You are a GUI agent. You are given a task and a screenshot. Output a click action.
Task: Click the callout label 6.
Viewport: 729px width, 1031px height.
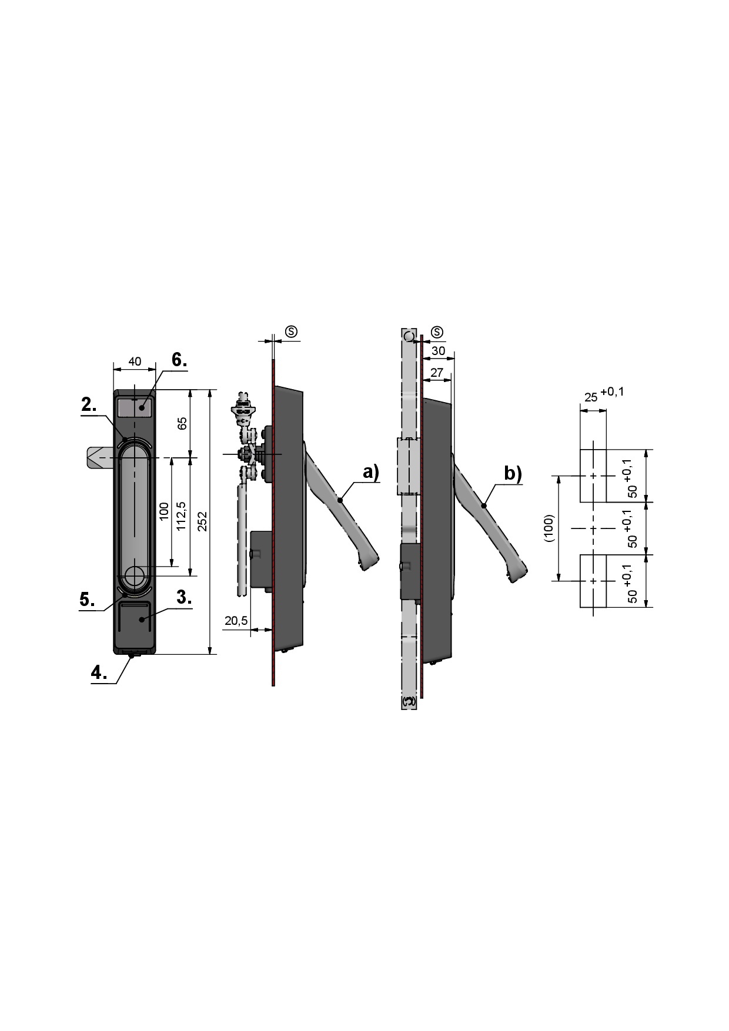[x=179, y=360]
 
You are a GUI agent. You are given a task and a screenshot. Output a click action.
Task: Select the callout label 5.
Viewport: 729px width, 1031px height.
[x=87, y=600]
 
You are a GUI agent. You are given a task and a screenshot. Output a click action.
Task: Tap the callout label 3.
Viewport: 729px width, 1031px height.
[x=184, y=597]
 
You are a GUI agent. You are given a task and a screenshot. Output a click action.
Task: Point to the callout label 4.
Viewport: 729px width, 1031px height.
[x=99, y=672]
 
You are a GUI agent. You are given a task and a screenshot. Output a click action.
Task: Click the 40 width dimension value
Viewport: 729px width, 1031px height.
[x=135, y=361]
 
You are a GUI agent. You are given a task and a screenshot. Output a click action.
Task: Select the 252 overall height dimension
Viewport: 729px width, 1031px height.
[x=202, y=521]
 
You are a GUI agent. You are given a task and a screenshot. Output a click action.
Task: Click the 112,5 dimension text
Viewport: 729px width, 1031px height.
[x=181, y=516]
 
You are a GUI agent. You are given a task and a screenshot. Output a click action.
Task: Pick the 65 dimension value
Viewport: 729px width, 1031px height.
[x=182, y=423]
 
